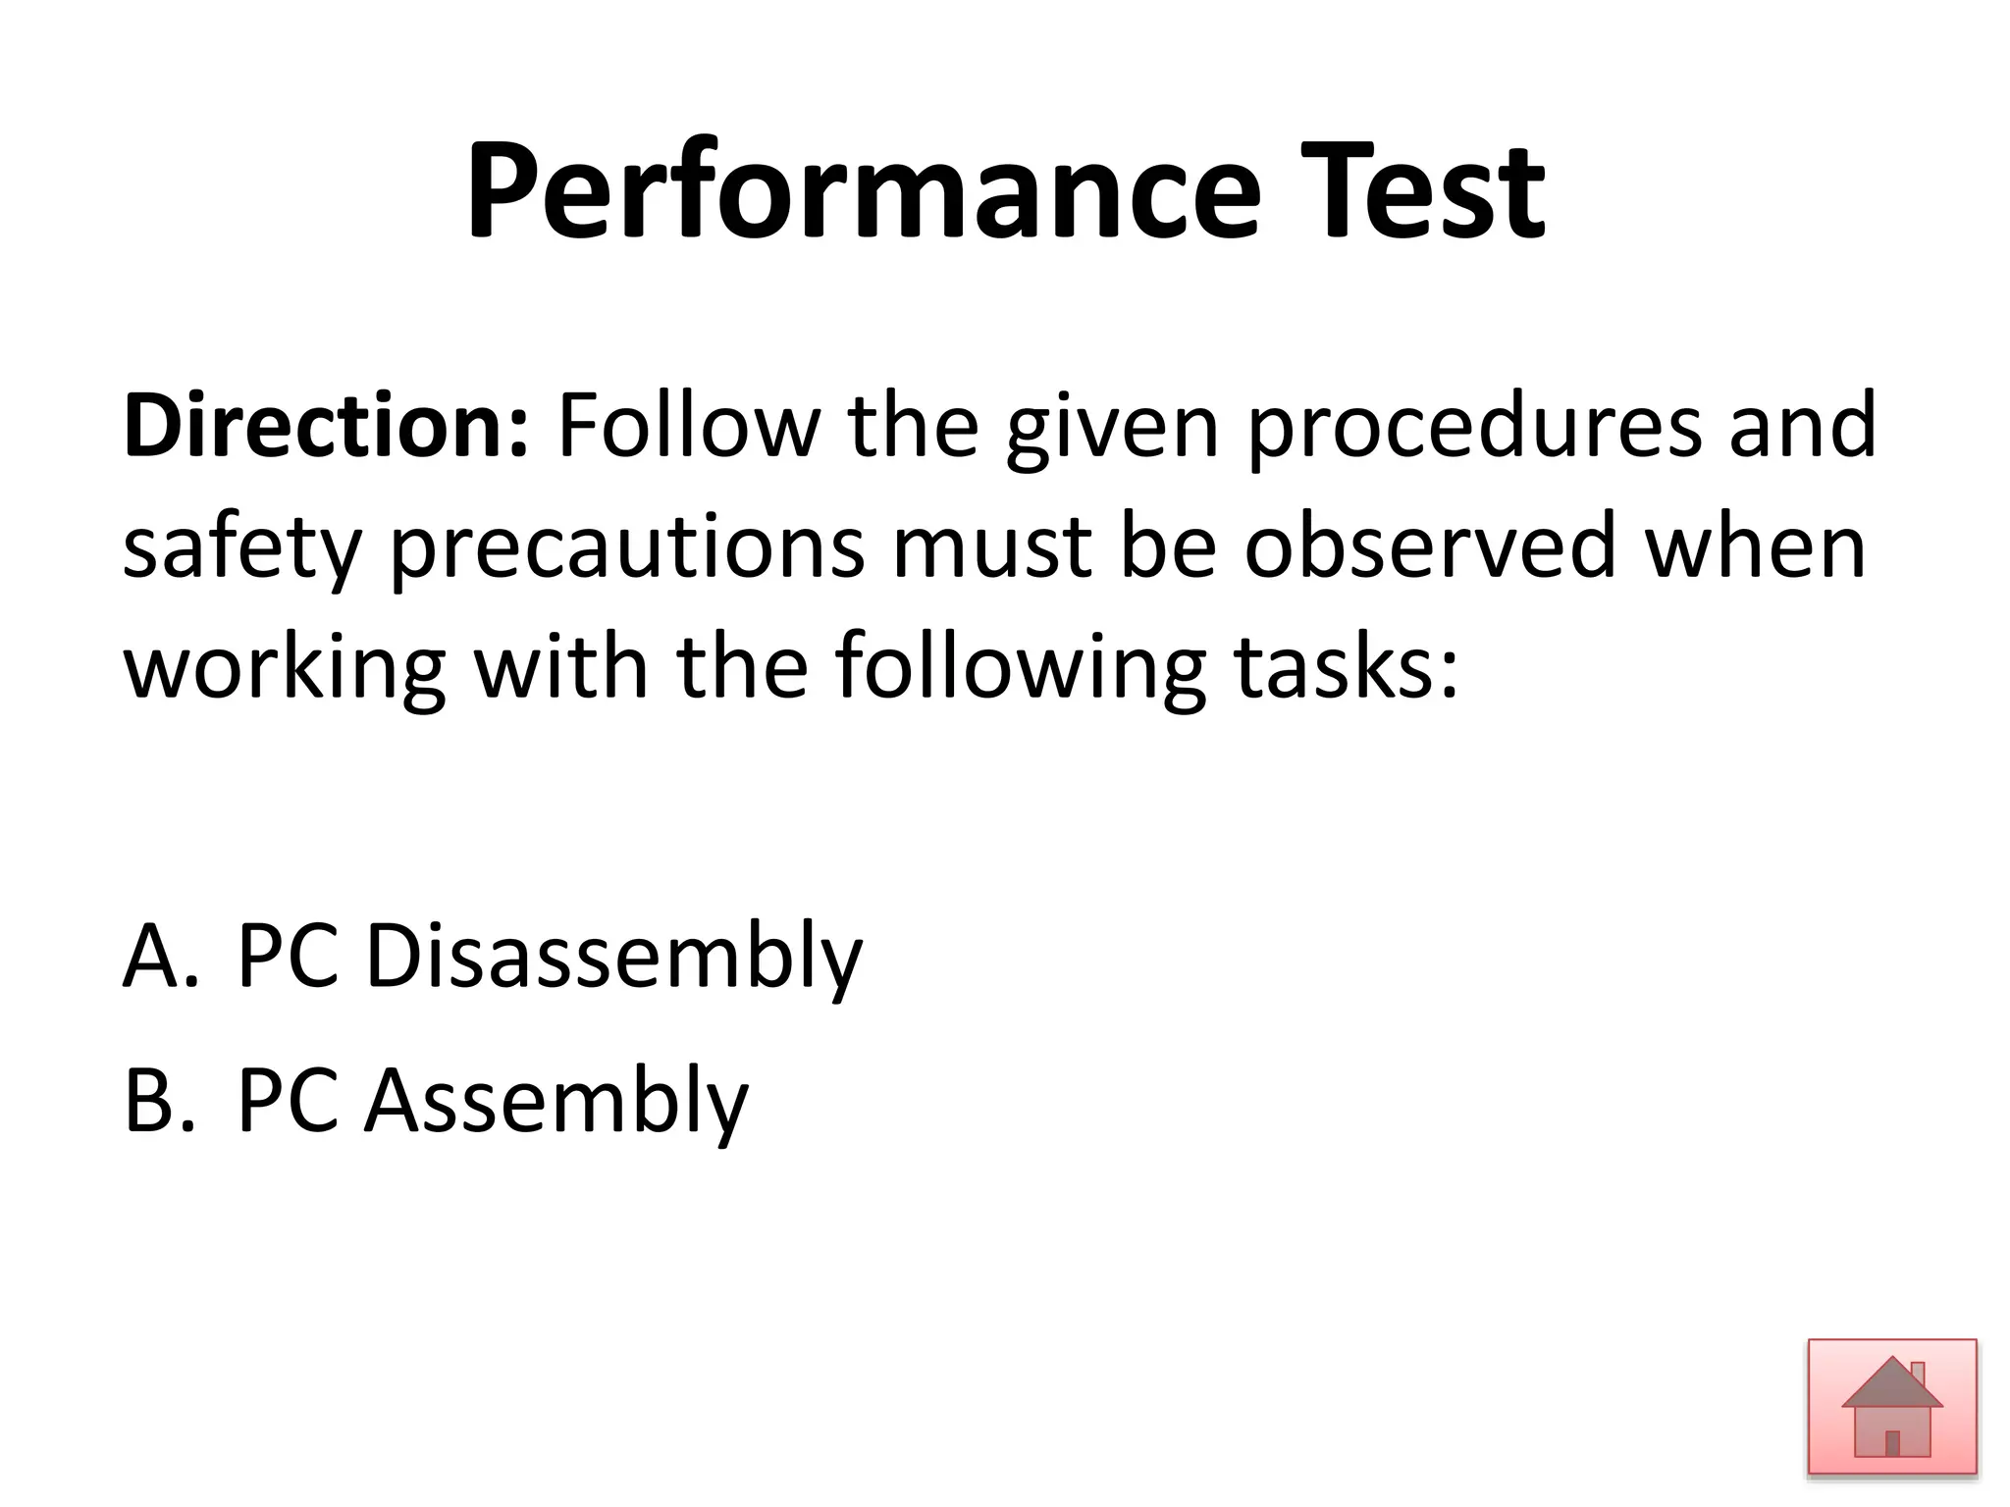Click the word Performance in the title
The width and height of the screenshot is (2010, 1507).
(x=863, y=191)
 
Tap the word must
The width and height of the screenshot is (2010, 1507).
(x=991, y=547)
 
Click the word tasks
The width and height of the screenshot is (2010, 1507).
(x=1346, y=667)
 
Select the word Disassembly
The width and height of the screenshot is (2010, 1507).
(x=613, y=957)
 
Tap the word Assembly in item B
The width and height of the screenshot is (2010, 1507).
(x=556, y=1101)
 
